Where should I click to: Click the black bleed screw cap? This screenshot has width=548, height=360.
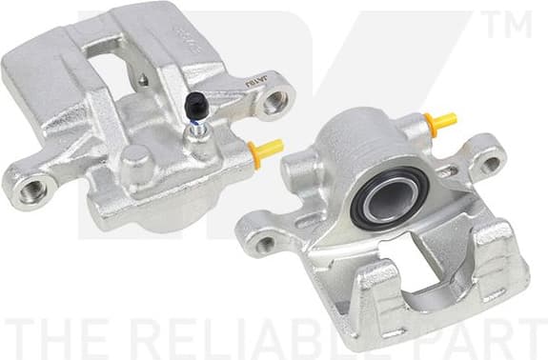click(195, 106)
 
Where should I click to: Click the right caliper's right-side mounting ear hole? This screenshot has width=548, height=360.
click(490, 162)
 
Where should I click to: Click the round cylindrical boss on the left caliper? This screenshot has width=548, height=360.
click(138, 163)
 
